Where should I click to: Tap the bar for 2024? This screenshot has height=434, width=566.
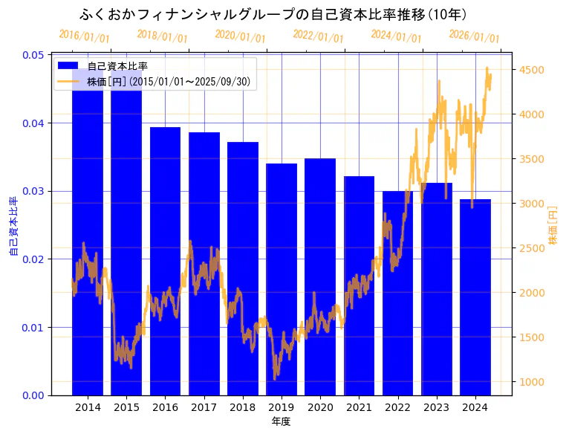click(x=475, y=297)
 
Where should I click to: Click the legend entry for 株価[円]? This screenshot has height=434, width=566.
click(x=169, y=81)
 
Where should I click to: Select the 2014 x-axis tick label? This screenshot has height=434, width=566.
click(x=88, y=407)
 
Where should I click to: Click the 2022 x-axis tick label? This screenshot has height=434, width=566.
click(x=397, y=407)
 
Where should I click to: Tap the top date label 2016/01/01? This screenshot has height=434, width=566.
click(x=84, y=36)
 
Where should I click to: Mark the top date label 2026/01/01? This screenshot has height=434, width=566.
click(x=475, y=36)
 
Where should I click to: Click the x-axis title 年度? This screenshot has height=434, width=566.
click(x=281, y=421)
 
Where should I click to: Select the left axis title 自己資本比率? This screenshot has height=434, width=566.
click(x=13, y=226)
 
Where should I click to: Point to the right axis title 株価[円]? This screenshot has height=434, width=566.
click(x=552, y=225)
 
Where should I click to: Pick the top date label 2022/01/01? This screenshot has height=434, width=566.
click(x=318, y=36)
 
